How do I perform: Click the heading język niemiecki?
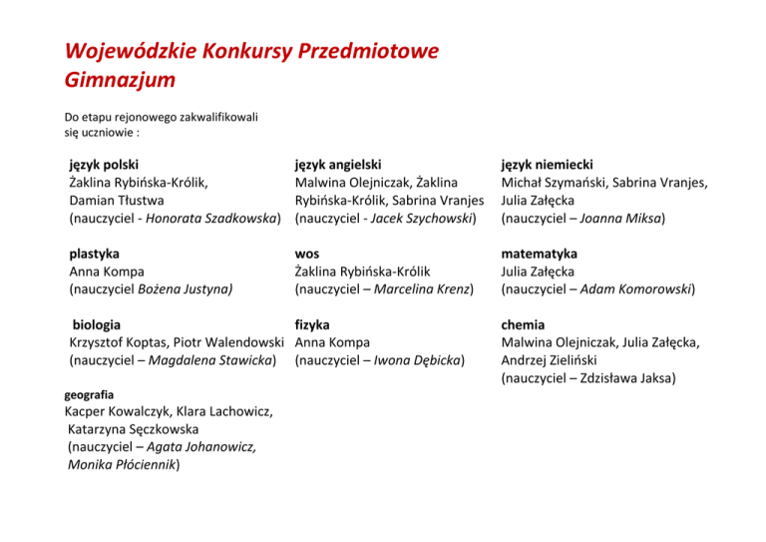click(548, 165)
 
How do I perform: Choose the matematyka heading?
click(540, 254)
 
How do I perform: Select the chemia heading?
click(524, 324)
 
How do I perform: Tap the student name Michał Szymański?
click(553, 183)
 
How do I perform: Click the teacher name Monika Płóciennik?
click(121, 465)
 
